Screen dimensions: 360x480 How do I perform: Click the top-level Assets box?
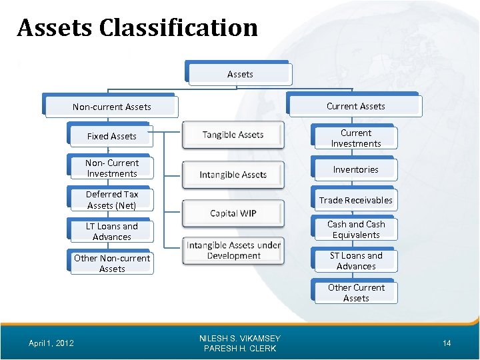tap(240, 75)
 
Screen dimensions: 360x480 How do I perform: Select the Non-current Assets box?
tap(112, 107)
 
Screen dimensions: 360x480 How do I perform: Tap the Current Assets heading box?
tap(355, 106)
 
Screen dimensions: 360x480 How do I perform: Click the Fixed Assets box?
tap(112, 136)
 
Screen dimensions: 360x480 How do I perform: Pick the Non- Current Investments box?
tap(112, 168)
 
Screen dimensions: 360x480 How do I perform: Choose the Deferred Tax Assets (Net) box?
tap(112, 199)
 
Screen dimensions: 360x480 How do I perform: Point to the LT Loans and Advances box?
tap(112, 231)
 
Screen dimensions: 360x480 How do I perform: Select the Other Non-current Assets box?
tap(112, 263)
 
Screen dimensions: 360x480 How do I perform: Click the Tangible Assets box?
tap(233, 135)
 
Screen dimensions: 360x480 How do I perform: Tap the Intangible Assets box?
tap(233, 175)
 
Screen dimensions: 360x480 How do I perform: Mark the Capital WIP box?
tap(233, 213)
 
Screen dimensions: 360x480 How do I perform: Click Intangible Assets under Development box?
tap(233, 251)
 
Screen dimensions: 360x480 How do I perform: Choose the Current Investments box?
tap(356, 138)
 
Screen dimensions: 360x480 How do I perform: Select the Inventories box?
tap(356, 169)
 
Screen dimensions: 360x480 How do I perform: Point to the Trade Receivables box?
tap(356, 200)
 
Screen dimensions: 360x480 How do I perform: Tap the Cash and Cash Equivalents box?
tap(356, 229)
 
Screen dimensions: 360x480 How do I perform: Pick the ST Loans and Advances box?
tap(356, 261)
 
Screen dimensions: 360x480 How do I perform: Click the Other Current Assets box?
tap(356, 293)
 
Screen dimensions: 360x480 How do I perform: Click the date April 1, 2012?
tap(51, 343)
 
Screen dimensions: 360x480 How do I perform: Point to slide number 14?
tap(447, 343)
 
